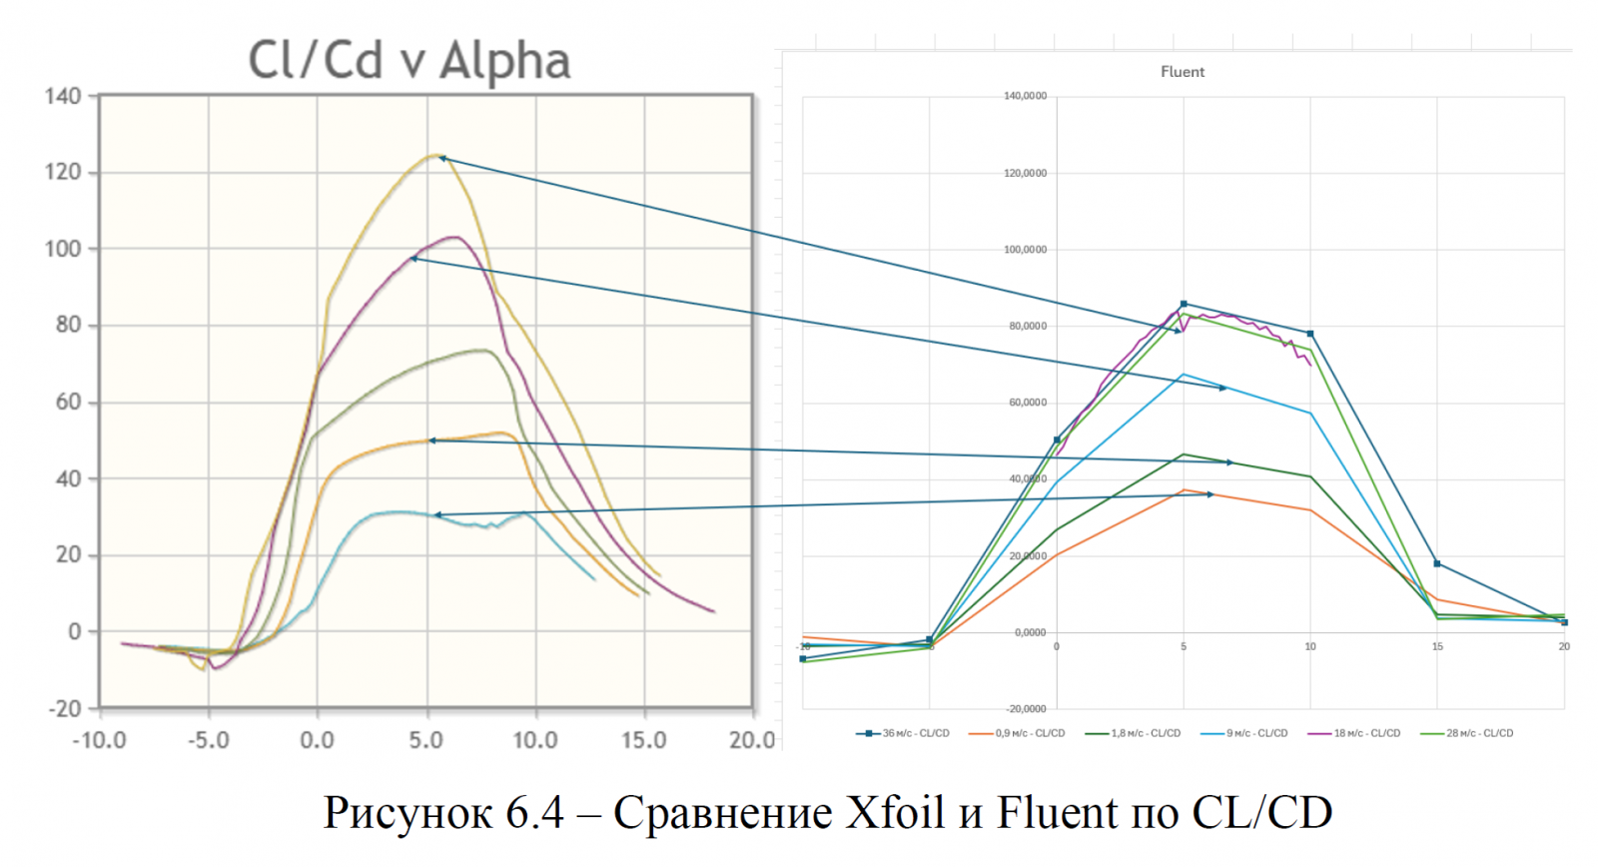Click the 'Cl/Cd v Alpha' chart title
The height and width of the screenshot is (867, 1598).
408,61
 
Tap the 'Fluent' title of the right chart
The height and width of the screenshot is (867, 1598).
1183,72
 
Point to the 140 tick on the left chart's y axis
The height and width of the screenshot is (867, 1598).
62,97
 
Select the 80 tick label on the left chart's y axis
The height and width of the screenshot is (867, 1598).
68,325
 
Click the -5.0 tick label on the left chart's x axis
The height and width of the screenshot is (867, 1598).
208,740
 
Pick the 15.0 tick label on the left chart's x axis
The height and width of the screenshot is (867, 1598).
643,740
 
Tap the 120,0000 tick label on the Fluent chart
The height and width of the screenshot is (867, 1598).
1025,173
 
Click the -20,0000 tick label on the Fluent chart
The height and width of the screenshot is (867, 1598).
1026,708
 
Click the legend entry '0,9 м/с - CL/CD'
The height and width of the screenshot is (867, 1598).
1018,733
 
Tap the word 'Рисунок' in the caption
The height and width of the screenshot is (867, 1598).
407,812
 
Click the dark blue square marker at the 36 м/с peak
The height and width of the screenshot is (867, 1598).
1184,304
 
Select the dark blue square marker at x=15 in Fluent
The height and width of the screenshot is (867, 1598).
1437,563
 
